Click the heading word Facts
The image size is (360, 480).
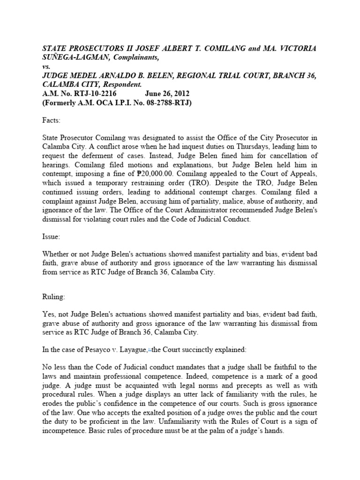pos(51,120)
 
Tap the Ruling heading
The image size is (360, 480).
pos(54,297)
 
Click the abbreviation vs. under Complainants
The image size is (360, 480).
pos(46,67)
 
